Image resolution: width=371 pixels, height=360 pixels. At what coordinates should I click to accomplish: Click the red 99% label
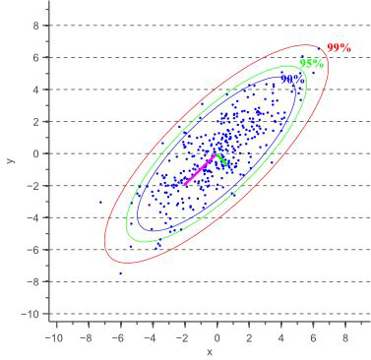pos(339,47)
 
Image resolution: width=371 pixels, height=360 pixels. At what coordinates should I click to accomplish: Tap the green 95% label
pos(311,63)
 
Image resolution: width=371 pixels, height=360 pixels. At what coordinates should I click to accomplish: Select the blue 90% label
pos(291,78)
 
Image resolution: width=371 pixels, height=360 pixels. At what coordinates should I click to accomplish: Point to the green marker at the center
pos(222,159)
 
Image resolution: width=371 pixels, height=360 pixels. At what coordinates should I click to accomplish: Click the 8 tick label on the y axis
pos(33,26)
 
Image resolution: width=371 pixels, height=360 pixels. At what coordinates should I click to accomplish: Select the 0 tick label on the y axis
pos(33,153)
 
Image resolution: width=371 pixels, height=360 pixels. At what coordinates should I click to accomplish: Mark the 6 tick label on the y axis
pos(33,57)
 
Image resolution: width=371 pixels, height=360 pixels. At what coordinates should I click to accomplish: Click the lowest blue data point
pos(121,273)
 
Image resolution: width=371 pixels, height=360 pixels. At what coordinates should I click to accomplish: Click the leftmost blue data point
pos(100,203)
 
